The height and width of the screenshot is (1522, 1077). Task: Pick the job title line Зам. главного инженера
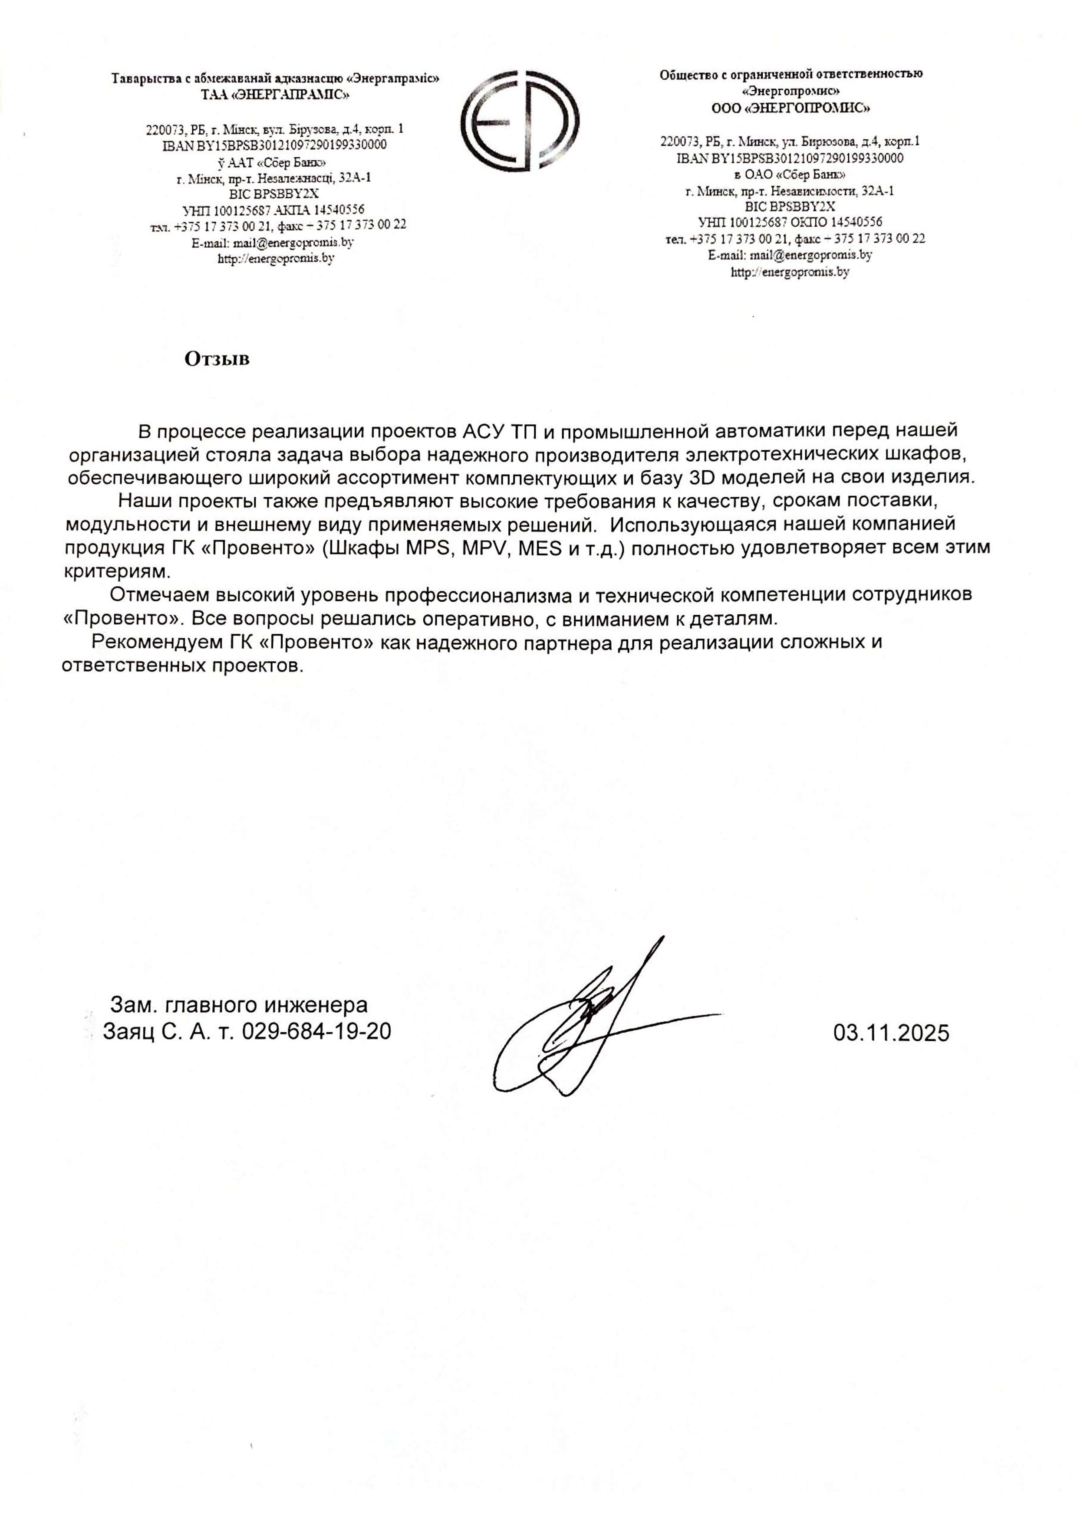pyautogui.click(x=239, y=1005)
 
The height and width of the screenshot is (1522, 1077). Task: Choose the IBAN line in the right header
pyautogui.click(x=789, y=158)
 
